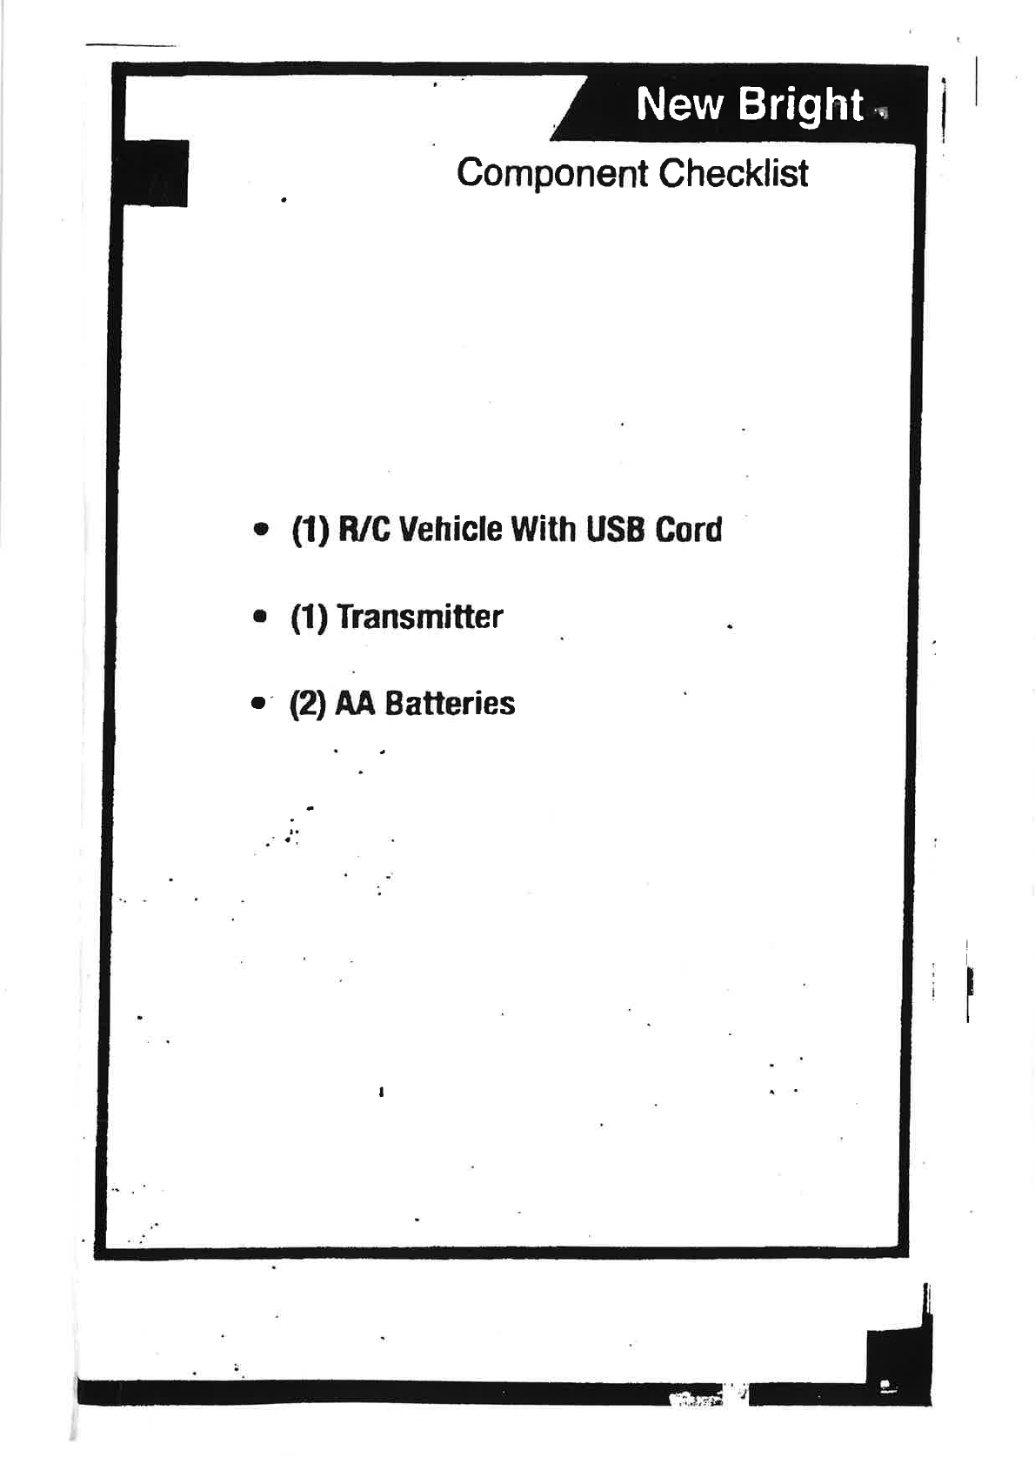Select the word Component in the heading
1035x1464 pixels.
click(x=552, y=173)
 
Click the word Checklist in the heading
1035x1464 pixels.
click(x=733, y=173)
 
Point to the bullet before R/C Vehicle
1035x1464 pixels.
click(x=259, y=530)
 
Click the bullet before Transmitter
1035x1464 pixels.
click(x=259, y=618)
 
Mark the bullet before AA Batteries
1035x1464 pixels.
click(x=257, y=704)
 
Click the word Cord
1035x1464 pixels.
click(x=689, y=529)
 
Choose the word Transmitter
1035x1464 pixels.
click(x=419, y=617)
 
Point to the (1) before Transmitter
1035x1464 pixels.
click(x=309, y=618)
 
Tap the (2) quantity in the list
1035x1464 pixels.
click(x=308, y=704)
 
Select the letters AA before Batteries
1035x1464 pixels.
click(x=355, y=703)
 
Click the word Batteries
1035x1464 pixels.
click(x=450, y=703)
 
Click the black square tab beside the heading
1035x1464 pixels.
click(x=157, y=173)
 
